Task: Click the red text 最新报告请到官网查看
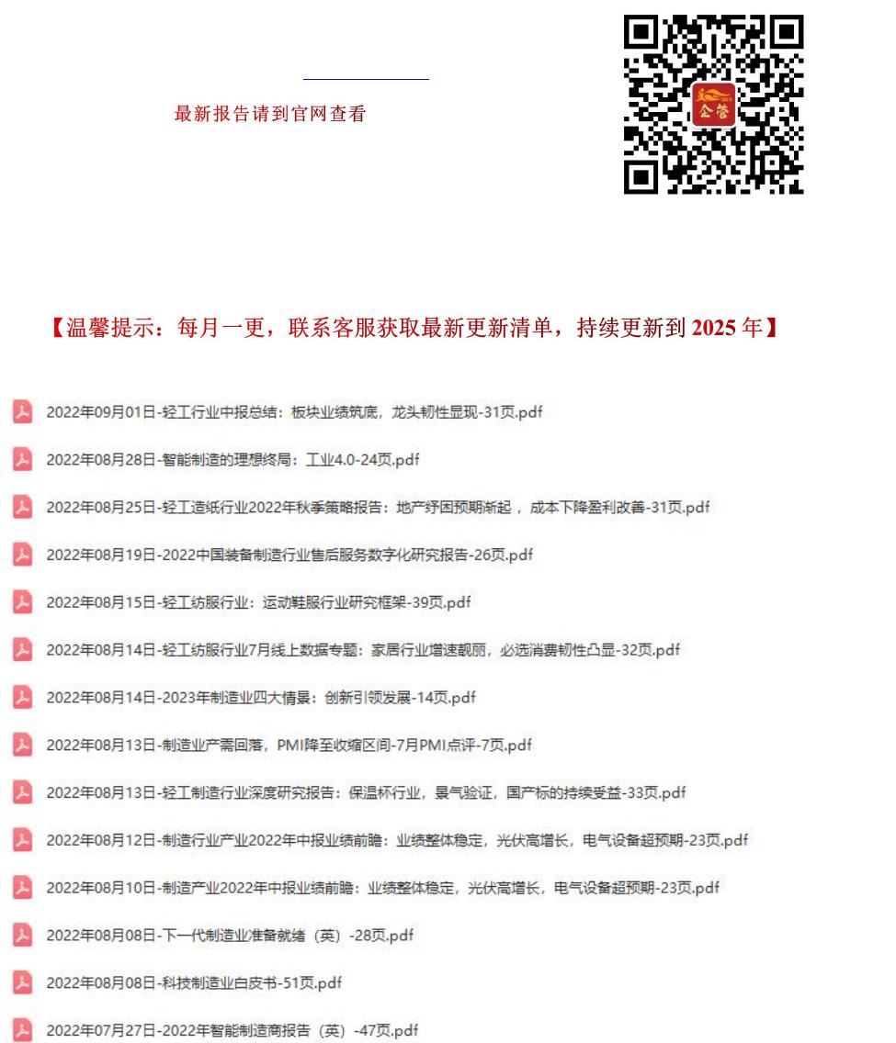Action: tap(270, 114)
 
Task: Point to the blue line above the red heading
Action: tap(366, 80)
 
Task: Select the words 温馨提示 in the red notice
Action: tap(102, 328)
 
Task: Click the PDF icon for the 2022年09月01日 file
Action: tap(23, 412)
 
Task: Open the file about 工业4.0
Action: tap(233, 460)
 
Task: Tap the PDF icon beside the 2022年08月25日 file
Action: tap(23, 507)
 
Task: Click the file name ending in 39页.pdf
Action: tap(258, 602)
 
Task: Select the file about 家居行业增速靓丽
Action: tap(363, 650)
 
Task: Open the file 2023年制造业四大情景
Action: tap(261, 698)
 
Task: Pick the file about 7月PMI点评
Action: tap(289, 745)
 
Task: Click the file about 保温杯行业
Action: tap(366, 792)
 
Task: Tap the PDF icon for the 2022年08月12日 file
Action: tap(23, 840)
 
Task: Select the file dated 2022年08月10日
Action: tap(382, 888)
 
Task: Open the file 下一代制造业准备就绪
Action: tap(230, 936)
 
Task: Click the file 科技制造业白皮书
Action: tap(194, 983)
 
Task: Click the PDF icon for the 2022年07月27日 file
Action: tap(23, 1030)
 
